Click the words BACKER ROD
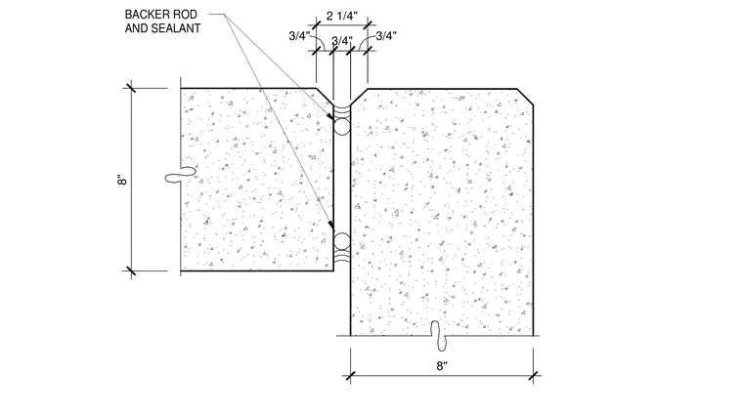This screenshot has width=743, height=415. (160, 15)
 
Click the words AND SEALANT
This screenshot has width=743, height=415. (162, 28)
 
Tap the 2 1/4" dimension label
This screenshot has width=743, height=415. (341, 16)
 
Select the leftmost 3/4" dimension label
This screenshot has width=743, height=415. (299, 36)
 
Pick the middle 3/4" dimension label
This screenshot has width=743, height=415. (341, 41)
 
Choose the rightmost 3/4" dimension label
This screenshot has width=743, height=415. (386, 36)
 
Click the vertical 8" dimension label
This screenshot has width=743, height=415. (122, 180)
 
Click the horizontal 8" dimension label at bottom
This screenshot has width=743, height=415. (442, 366)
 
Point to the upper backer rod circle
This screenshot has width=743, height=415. (341, 127)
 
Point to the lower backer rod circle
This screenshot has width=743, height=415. (341, 241)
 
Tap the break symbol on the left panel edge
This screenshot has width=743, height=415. (181, 175)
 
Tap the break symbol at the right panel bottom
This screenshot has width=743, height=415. (442, 336)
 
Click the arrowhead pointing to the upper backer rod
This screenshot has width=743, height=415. (329, 116)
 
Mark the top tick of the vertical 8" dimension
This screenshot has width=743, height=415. (131, 88)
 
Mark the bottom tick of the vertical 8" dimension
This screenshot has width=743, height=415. (131, 271)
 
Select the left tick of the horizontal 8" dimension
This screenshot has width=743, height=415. (350, 376)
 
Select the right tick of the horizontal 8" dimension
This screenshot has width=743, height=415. (534, 376)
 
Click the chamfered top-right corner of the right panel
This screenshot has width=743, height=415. (526, 96)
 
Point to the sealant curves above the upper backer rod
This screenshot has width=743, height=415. (341, 112)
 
